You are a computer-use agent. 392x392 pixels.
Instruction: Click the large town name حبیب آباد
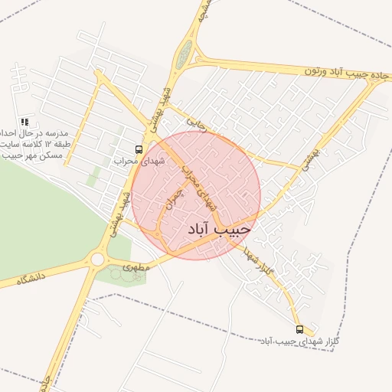point(219,228)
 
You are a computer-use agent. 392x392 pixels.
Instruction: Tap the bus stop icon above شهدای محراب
point(139,149)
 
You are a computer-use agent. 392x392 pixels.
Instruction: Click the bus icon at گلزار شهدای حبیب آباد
point(299,329)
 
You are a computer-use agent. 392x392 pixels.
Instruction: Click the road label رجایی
point(198,124)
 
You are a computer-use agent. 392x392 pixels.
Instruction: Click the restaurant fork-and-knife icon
point(24,121)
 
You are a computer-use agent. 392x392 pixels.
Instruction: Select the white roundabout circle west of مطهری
point(96,260)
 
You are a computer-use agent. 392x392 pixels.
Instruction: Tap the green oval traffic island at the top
point(184,54)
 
